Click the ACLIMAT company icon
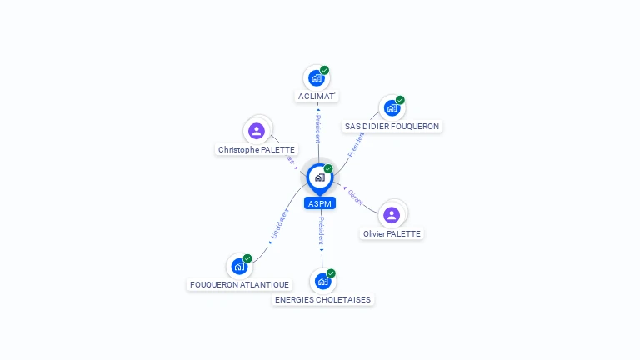click(317, 78)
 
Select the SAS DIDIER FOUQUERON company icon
click(392, 108)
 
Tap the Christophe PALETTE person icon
click(257, 131)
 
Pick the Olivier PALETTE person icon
click(392, 215)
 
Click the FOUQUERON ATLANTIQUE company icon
click(239, 267)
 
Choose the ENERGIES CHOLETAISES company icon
click(322, 281)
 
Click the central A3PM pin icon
click(319, 177)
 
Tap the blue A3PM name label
click(320, 203)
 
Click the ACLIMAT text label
click(317, 97)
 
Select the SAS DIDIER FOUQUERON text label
click(392, 127)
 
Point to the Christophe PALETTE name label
click(257, 150)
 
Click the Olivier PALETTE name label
click(392, 234)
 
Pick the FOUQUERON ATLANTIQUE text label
click(240, 285)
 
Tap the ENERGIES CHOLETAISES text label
click(323, 300)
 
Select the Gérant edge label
click(355, 197)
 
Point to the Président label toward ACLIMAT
click(317, 129)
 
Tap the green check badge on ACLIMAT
click(324, 71)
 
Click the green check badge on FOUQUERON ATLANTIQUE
click(247, 258)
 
